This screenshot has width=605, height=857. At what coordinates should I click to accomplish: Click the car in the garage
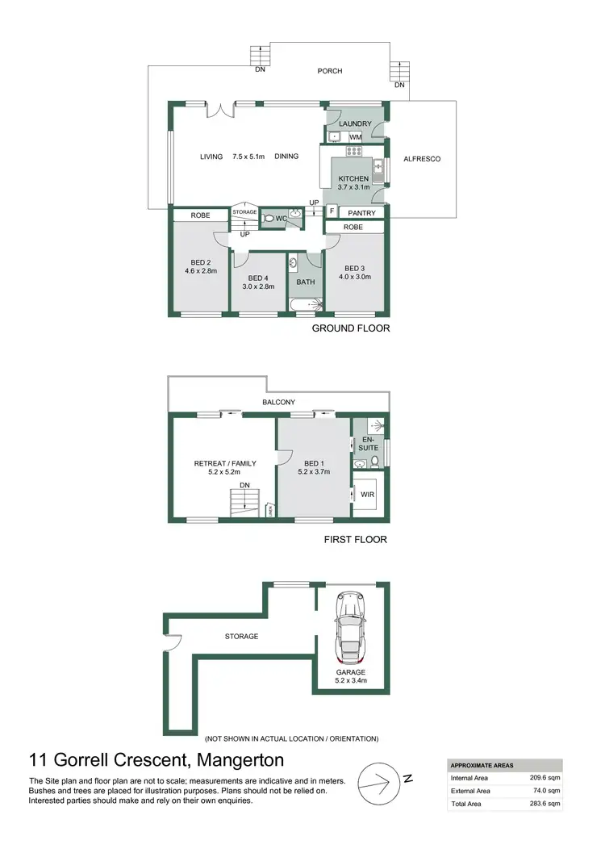[352, 626]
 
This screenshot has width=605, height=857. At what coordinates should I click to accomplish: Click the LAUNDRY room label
[355, 123]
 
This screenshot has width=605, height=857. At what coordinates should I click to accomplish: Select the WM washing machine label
[355, 137]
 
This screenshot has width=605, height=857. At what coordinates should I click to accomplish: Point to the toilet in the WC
[269, 218]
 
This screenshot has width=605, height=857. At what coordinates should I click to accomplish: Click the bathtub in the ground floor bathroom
[306, 305]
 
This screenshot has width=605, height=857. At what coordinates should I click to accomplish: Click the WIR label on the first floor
[368, 493]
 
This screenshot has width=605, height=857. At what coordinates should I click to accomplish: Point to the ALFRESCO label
[422, 159]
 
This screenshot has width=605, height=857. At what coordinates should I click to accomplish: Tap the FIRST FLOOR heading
[356, 540]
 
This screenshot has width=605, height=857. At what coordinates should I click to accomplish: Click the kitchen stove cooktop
[355, 151]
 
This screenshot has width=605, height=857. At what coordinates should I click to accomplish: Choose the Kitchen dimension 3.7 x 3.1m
[353, 187]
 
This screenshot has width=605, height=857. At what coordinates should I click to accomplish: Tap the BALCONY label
[278, 402]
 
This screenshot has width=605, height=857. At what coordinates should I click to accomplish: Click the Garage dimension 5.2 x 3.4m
[351, 681]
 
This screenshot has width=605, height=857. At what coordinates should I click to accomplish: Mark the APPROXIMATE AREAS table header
[481, 765]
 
